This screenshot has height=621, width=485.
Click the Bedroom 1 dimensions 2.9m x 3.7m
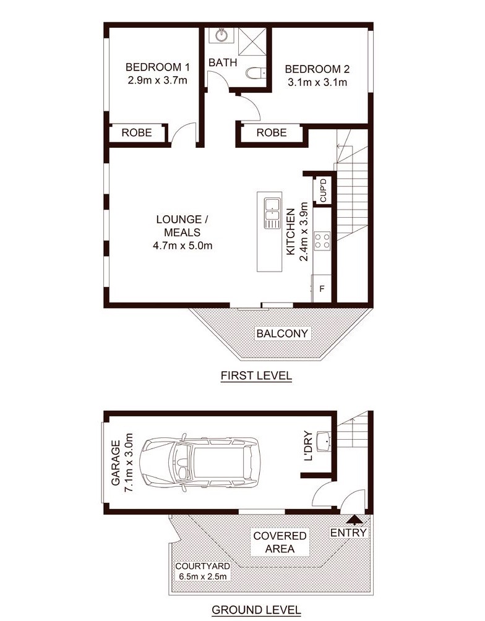click(x=157, y=80)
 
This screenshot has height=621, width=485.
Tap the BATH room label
click(x=223, y=62)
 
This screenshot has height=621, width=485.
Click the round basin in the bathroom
click(x=222, y=35)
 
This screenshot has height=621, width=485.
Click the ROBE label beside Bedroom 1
click(x=137, y=133)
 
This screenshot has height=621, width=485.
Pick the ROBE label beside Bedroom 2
click(x=272, y=133)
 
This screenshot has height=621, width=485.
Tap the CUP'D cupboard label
click(x=324, y=190)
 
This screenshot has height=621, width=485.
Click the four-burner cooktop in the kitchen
click(x=322, y=241)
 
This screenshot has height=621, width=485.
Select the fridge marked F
click(x=322, y=289)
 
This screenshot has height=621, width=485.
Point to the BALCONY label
click(x=282, y=333)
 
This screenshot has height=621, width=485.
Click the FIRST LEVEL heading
click(x=256, y=375)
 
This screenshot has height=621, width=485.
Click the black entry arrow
click(x=354, y=519)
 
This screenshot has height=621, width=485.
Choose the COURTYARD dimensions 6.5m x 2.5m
click(x=202, y=576)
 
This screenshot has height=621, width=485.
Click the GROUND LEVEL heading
click(x=256, y=610)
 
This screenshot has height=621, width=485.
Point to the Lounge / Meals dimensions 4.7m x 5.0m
click(x=182, y=246)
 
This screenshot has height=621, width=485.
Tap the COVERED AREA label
click(x=280, y=542)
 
